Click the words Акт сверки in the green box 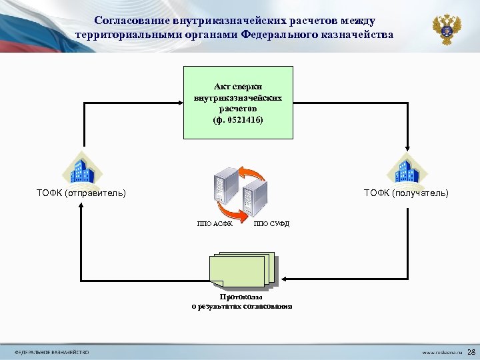point(238,87)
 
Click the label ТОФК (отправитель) point(81,193)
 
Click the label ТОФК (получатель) point(406,193)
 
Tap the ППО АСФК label point(215,223)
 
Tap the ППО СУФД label point(271,223)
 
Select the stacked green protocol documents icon point(242,270)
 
